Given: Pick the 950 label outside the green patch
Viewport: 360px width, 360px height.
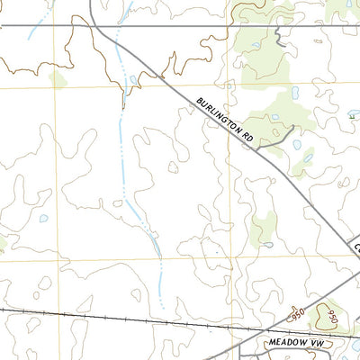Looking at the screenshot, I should [x=298, y=315].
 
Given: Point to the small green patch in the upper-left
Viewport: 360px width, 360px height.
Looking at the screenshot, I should [x=58, y=79].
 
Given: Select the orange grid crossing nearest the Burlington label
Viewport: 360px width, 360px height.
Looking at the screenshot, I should [x=228, y=88].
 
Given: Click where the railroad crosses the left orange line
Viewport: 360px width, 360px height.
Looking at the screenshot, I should [x=56, y=312].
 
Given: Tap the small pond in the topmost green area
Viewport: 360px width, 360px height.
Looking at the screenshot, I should [x=256, y=45].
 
